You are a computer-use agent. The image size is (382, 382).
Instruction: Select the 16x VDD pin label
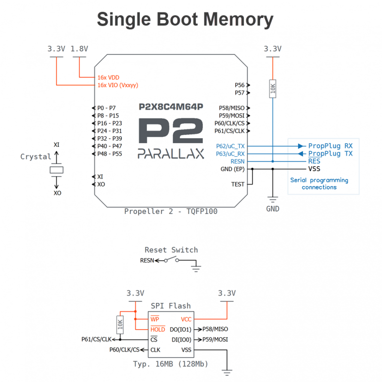(x=108, y=78)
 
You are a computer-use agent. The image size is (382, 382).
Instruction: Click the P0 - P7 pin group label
(x=106, y=108)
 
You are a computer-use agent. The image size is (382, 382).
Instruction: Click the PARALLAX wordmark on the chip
(x=171, y=154)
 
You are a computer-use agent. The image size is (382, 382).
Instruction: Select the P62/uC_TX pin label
(x=231, y=146)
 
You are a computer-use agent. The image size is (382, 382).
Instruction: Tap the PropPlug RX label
(x=330, y=146)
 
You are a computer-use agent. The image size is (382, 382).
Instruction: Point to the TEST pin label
(x=238, y=184)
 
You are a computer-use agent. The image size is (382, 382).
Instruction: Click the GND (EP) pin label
(x=233, y=169)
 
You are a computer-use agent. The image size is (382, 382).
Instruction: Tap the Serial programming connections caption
(x=319, y=184)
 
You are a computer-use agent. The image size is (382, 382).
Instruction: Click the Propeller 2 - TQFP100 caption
(x=171, y=211)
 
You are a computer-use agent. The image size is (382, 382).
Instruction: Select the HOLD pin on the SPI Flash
(x=158, y=329)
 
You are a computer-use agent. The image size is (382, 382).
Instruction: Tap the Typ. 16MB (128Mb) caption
(x=171, y=364)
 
